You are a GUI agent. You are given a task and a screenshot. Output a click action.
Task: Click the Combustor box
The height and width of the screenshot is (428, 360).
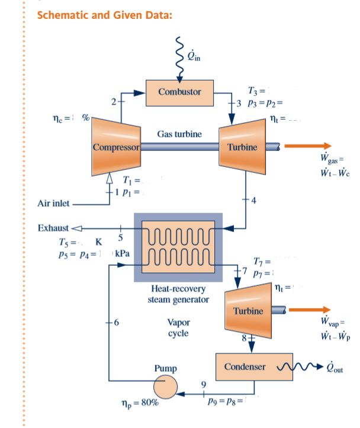tap(179, 92)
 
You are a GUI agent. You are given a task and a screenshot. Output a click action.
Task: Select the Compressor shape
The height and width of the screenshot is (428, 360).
tap(116, 146)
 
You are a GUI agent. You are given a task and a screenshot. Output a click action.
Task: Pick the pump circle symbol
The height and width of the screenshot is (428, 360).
tap(166, 388)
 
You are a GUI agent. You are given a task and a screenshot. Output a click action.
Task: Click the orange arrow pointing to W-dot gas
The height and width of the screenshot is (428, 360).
tap(307, 146)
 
